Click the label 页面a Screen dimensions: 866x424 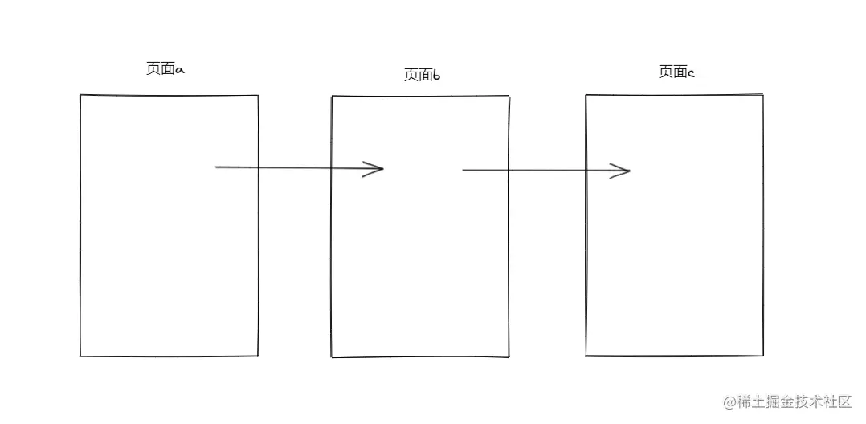[165, 70]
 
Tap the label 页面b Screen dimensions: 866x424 [422, 76]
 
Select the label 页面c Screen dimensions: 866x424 [676, 72]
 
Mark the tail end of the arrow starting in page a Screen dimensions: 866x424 [217, 167]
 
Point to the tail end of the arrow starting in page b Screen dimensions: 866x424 [464, 170]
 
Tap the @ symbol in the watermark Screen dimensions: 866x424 [729, 401]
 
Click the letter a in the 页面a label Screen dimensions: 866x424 [180, 71]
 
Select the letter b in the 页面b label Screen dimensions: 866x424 [436, 76]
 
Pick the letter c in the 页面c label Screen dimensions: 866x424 [691, 73]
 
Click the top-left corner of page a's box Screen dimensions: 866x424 [80, 95]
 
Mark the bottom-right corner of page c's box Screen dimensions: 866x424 [762, 355]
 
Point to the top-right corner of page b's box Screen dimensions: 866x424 [509, 97]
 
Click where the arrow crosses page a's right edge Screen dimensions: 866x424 [258, 167]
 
